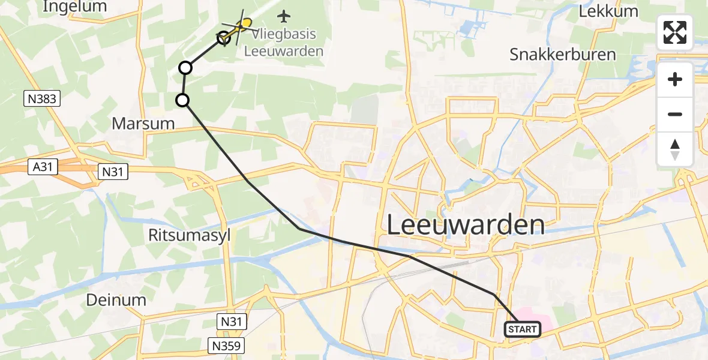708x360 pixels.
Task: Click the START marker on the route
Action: (x=523, y=329)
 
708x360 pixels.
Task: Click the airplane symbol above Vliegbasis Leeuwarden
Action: (x=284, y=15)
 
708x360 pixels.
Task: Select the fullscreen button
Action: (x=675, y=32)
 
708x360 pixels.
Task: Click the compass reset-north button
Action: (x=675, y=149)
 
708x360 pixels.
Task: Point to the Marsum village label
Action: (x=143, y=124)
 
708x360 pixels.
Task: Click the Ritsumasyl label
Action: (x=189, y=235)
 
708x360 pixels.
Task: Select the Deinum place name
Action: (x=116, y=300)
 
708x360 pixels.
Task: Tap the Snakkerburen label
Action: (x=563, y=55)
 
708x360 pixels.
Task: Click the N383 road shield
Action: (x=43, y=99)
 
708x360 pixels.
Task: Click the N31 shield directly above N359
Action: (x=231, y=322)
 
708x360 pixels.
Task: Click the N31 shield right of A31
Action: (x=112, y=172)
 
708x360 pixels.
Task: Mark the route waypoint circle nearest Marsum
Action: (x=182, y=100)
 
